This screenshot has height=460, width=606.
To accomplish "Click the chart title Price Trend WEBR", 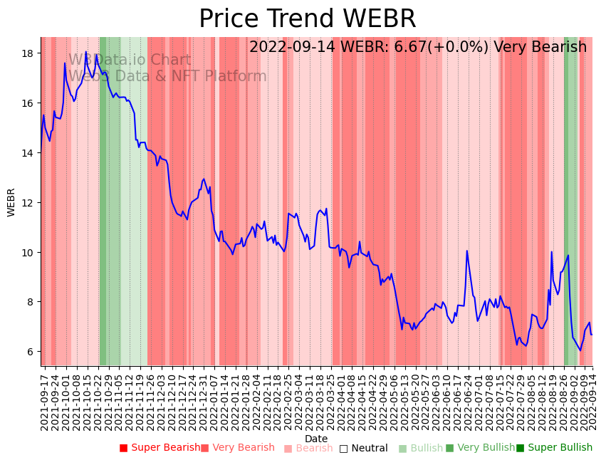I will coord(307,19).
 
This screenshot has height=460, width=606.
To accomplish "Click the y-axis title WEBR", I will coord(11,202).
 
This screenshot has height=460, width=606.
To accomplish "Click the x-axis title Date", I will coord(316,439).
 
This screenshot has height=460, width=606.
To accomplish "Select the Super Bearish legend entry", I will coord(160,448).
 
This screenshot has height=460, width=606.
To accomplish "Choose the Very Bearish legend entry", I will coord(238,448).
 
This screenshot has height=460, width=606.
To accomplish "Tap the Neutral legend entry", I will coord(364,448).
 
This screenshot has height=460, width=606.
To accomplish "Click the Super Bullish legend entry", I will coord(555,448).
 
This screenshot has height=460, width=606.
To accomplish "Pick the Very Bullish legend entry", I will coord(481,448).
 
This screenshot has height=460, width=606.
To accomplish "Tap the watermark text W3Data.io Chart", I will coord(130,61).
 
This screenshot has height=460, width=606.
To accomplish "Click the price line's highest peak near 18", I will coord(86,52).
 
